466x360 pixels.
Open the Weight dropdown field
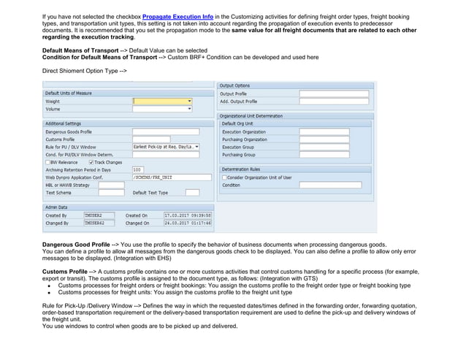[162, 102]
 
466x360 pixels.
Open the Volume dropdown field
[162, 110]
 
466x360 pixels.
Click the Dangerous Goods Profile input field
[161, 131]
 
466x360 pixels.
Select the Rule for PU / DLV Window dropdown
[165, 147]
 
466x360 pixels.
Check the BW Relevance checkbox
[47, 162]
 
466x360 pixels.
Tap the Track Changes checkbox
[91, 162]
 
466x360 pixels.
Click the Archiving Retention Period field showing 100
[137, 169]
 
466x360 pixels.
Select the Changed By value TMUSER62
[99, 223]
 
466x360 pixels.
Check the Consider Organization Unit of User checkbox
[224, 177]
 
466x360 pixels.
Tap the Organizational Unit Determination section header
[251, 115]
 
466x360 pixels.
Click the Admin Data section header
[59, 207]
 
